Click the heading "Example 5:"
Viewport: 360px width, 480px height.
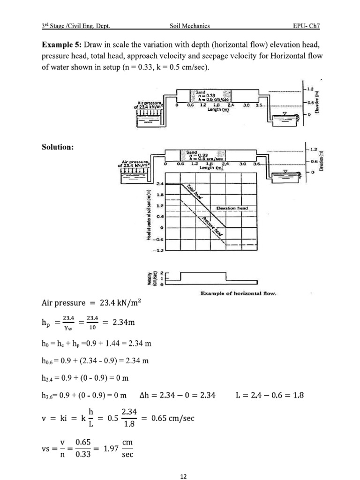pos(62,45)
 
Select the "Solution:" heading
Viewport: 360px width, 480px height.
pos(58,147)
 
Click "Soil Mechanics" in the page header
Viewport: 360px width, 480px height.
pos(190,26)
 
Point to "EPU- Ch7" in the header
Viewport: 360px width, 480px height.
pos(306,26)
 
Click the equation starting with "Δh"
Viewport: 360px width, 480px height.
pos(178,395)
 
